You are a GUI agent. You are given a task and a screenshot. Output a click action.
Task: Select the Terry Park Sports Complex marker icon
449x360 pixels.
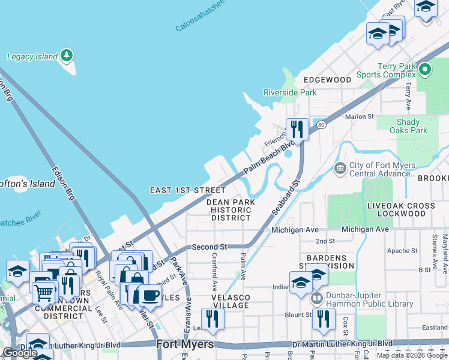click(x=426, y=70)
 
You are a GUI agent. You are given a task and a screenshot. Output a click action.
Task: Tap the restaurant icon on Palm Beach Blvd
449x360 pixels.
click(x=297, y=128)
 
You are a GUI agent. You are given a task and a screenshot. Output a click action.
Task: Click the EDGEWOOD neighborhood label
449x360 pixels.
click(x=327, y=79)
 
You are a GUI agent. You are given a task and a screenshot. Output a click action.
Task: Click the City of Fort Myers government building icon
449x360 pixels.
click(x=340, y=168)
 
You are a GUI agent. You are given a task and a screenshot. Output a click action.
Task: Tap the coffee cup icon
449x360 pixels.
click(x=149, y=295)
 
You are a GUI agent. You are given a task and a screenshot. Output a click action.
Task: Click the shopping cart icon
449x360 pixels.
click(x=43, y=293)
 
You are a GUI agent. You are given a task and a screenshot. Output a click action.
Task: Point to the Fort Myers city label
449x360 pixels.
click(x=185, y=344)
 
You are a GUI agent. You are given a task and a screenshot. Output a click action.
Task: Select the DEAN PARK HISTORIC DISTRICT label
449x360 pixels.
click(x=231, y=210)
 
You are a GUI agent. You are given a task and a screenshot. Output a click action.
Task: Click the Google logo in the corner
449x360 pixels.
click(x=20, y=353)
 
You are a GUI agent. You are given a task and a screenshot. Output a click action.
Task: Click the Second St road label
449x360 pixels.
click(x=209, y=247)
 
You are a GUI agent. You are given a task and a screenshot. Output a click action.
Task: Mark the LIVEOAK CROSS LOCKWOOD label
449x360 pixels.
click(x=401, y=210)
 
